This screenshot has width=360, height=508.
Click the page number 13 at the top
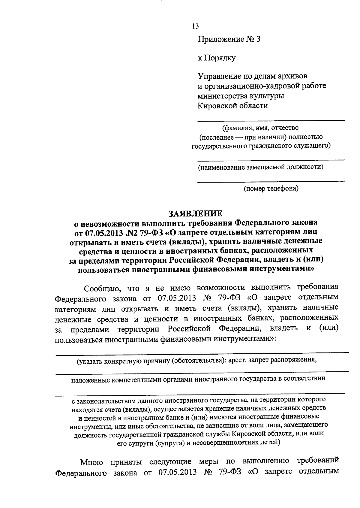tap(195, 26)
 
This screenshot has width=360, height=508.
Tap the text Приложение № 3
tap(229, 39)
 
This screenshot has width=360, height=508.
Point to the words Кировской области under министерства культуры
tap(232, 106)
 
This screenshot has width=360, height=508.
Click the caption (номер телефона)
tap(271, 189)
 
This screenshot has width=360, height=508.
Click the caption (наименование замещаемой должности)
tap(260, 167)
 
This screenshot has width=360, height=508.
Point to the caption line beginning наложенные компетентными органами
tap(198, 379)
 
